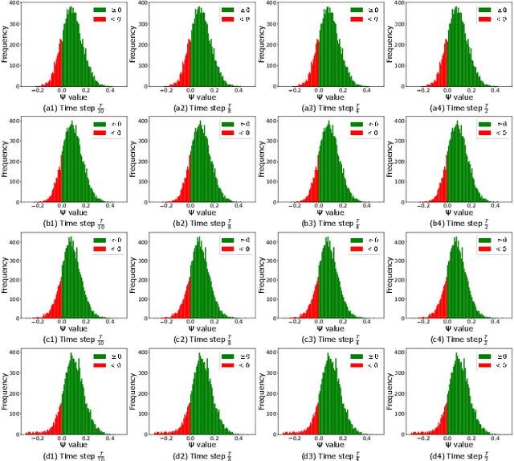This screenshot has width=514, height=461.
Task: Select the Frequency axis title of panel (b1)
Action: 5,159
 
